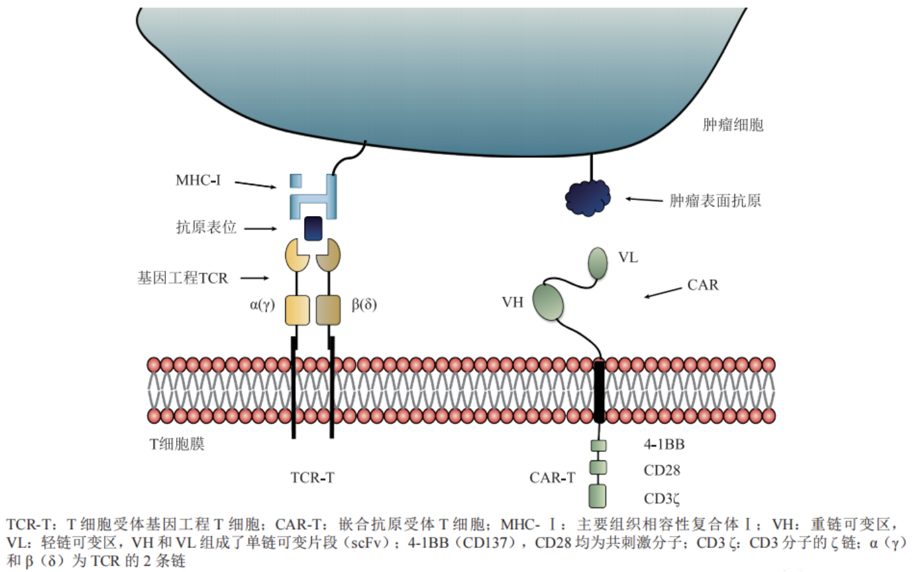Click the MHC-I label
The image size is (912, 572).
click(198, 181)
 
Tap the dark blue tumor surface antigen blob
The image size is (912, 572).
click(587, 197)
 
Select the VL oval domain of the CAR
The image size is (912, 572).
click(598, 262)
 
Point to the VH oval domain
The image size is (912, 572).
click(548, 301)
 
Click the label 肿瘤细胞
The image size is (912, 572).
click(733, 124)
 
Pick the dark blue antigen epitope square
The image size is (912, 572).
click(313, 228)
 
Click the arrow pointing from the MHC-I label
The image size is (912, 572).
click(255, 185)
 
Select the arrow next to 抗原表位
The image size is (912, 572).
click(260, 228)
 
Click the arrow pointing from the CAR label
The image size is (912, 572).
click(662, 292)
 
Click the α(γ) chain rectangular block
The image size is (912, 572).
click(297, 310)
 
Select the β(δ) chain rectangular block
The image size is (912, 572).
click(328, 310)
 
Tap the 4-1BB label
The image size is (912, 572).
click(664, 444)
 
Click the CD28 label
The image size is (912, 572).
click(662, 471)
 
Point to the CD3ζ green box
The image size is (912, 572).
click(598, 496)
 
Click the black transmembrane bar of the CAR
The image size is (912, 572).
click(599, 391)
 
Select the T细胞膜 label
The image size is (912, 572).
click(177, 444)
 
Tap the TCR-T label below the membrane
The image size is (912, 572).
click(312, 478)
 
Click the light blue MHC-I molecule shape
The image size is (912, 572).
click(314, 196)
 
